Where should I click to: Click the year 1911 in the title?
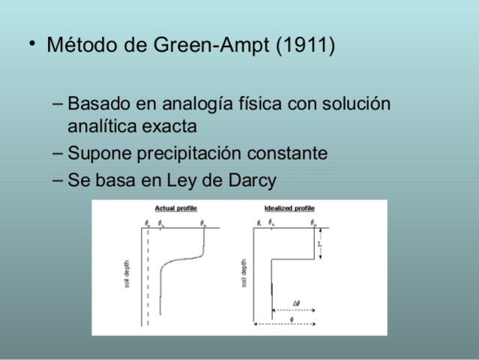[305, 46]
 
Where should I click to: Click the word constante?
[289, 154]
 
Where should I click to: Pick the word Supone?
[94, 154]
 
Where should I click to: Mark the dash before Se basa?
[59, 180]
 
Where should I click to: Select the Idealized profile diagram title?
[289, 208]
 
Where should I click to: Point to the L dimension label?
[320, 244]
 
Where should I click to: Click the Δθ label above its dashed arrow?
[297, 303]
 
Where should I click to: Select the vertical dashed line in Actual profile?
[148, 277]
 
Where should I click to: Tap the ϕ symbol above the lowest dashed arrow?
[291, 319]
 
